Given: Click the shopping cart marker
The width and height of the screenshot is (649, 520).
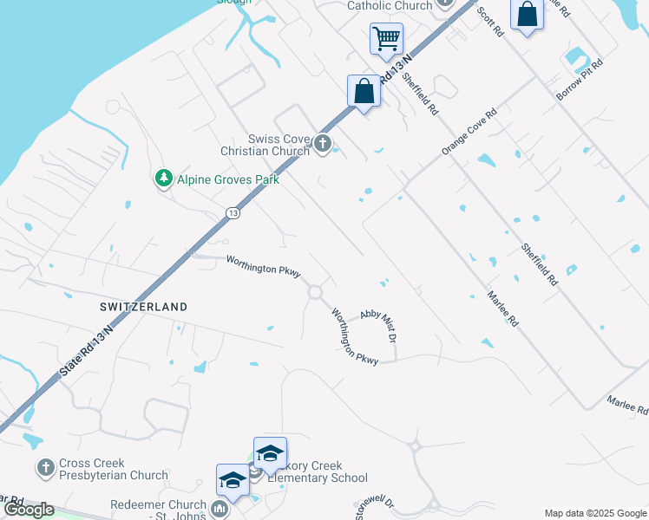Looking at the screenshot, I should [386, 39].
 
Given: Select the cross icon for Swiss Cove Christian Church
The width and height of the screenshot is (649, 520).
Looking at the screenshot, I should [324, 144].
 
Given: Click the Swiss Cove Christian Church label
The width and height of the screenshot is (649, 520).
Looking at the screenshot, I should [278, 145].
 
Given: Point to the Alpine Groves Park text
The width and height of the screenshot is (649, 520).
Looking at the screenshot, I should [228, 180].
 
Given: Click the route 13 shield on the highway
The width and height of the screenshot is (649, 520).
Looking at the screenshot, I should [233, 212].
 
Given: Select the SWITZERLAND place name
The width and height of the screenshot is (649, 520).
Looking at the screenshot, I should [142, 307].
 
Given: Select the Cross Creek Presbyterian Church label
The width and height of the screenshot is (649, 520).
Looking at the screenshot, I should [114, 470].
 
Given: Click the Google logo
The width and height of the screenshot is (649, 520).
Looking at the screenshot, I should [29, 510].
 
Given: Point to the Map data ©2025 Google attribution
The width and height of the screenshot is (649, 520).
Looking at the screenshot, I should [594, 513].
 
